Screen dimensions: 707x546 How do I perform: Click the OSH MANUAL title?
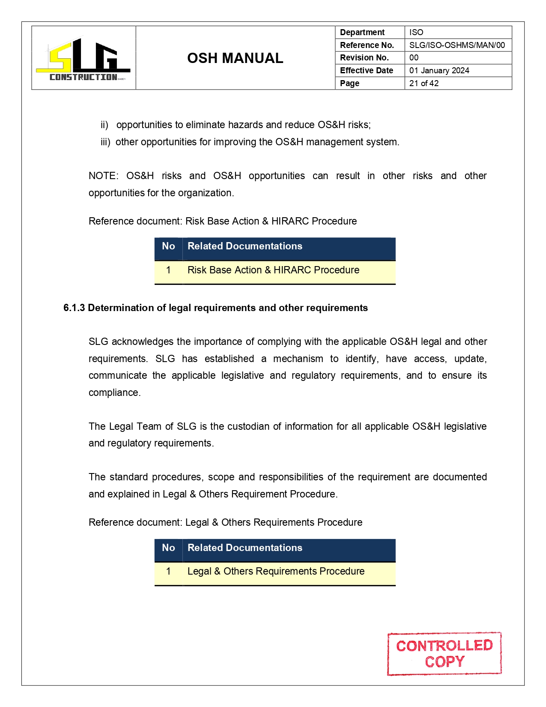[x=235, y=58]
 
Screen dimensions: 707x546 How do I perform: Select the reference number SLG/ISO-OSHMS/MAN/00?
[x=457, y=45]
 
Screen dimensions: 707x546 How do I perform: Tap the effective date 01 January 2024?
[x=439, y=70]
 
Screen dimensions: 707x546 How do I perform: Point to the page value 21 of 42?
[x=424, y=83]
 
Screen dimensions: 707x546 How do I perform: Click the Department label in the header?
[x=362, y=32]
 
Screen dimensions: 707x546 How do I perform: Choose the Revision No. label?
[x=364, y=57]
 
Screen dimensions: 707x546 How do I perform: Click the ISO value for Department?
[x=416, y=32]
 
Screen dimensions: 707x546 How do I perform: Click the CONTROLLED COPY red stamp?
[x=444, y=653]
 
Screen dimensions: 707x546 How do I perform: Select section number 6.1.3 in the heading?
[x=74, y=308]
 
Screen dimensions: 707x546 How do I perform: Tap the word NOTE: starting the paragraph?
[x=103, y=176]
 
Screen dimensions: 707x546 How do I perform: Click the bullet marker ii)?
[x=104, y=125]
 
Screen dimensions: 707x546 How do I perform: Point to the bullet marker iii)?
[x=105, y=142]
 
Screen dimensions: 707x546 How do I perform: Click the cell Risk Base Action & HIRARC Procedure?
[x=273, y=270]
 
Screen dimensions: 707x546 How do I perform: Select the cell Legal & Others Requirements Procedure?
[x=276, y=571]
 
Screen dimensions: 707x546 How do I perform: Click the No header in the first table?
[x=168, y=246]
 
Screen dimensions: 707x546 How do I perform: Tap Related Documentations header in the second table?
[x=245, y=548]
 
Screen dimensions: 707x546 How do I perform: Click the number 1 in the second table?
[x=168, y=571]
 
